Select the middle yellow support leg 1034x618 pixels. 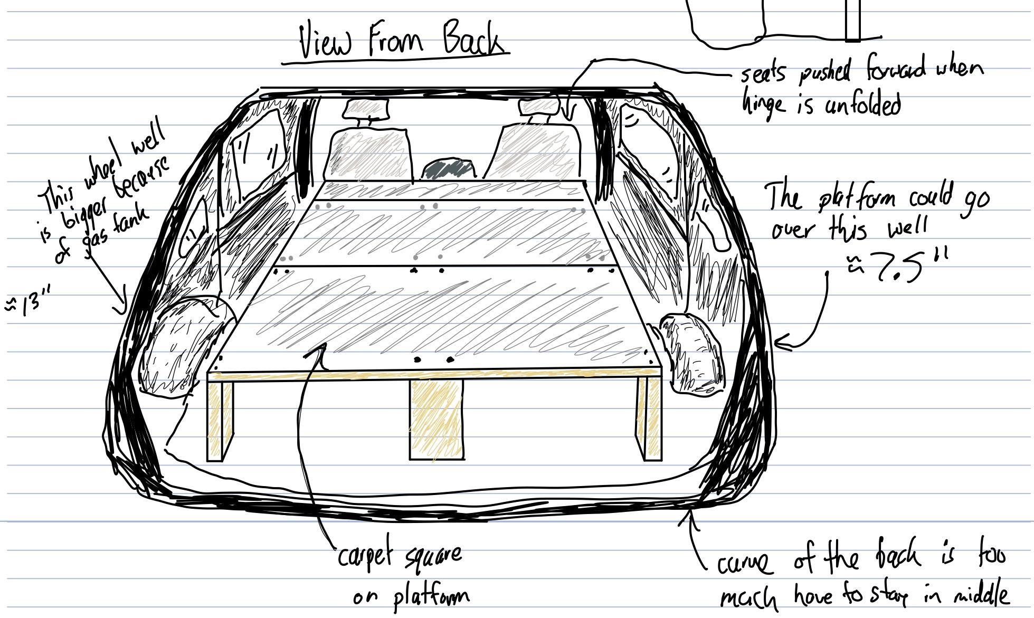pos(437,420)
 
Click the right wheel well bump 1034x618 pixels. pos(691,354)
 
